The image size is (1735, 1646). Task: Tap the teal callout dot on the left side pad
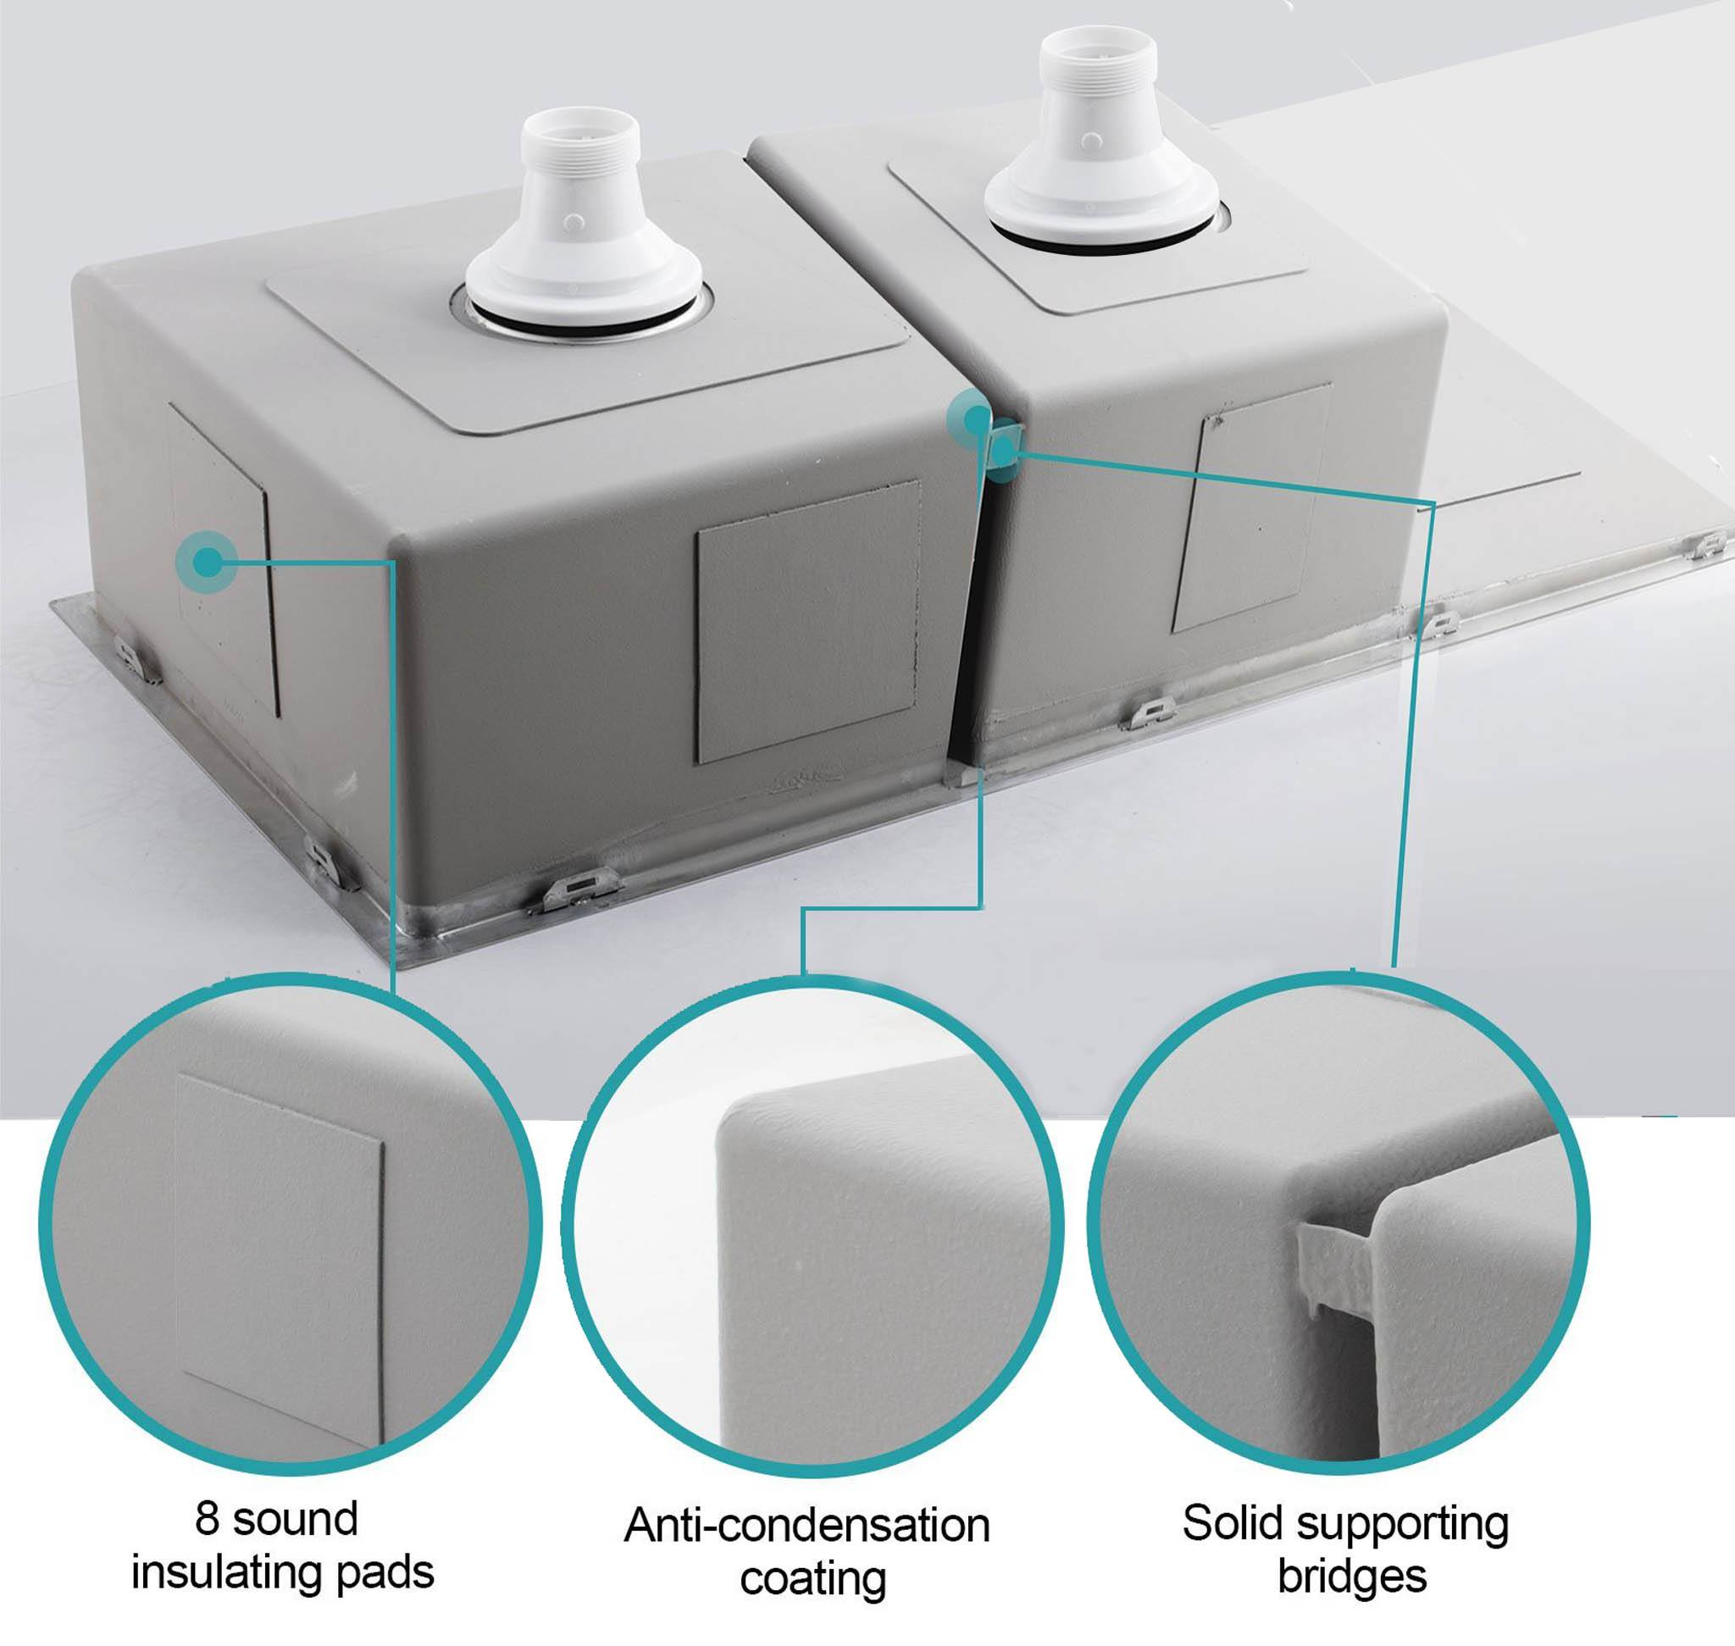[x=207, y=562]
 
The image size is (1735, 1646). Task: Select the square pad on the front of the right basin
[x=1251, y=507]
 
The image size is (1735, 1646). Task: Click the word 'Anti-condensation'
[x=807, y=1525]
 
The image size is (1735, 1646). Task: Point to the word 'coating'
[x=812, y=1579]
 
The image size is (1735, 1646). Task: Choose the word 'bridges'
[x=1351, y=1576]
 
